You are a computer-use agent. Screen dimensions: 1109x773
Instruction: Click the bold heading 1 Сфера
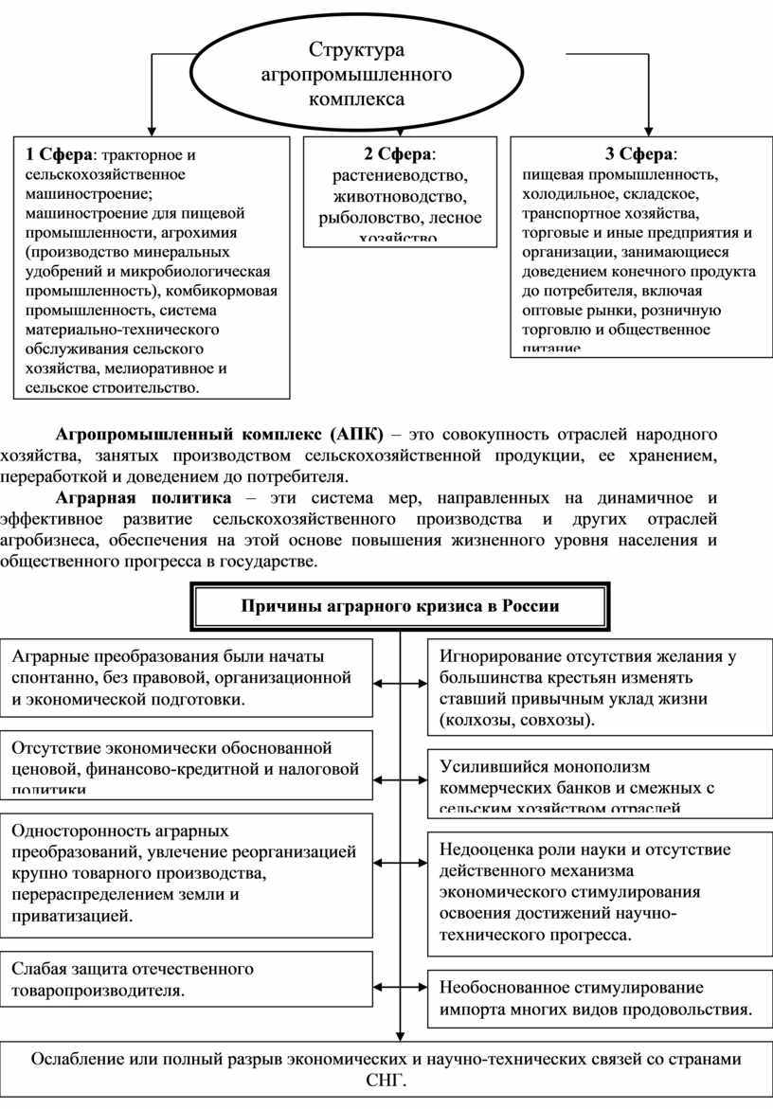(x=60, y=154)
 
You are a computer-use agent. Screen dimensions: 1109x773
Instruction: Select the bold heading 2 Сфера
(x=397, y=154)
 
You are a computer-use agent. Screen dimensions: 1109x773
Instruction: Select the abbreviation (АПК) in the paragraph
(x=358, y=435)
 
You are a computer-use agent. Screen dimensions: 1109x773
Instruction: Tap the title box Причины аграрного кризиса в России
(x=400, y=607)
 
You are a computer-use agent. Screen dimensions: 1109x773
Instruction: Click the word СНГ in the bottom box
(x=386, y=1082)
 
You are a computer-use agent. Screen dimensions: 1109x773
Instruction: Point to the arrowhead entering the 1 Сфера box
(x=150, y=130)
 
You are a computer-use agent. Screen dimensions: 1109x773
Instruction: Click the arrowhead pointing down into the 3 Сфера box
(x=648, y=130)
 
